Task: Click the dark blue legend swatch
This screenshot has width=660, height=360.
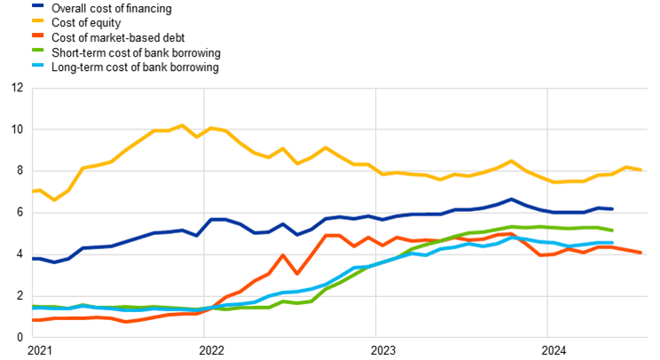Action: (x=37, y=5)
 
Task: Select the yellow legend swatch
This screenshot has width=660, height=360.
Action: (x=37, y=20)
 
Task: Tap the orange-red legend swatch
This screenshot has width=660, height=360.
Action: (x=37, y=35)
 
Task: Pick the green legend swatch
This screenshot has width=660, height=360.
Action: (x=37, y=50)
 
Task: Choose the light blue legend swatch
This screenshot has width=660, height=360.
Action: (x=37, y=65)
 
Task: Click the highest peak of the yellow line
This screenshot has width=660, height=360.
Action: (x=183, y=126)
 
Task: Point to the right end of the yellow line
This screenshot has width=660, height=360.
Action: (x=640, y=168)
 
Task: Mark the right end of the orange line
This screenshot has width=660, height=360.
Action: (x=640, y=252)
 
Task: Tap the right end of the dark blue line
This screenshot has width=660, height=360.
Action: (x=612, y=208)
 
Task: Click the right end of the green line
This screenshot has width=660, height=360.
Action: (x=612, y=230)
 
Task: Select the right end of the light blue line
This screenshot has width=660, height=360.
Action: (x=612, y=242)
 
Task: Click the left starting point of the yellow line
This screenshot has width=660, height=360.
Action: (x=34, y=191)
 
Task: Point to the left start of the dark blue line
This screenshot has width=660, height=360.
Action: (x=34, y=259)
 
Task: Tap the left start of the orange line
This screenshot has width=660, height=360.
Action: (x=34, y=320)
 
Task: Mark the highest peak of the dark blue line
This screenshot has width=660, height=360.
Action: (x=511, y=200)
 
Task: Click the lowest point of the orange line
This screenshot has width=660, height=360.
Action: (x=126, y=322)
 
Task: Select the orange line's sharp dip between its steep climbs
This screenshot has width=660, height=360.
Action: (x=297, y=273)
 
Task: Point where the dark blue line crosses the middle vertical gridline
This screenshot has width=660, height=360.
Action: (x=375, y=217)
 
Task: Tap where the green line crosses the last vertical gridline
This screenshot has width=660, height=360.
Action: (x=547, y=227)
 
